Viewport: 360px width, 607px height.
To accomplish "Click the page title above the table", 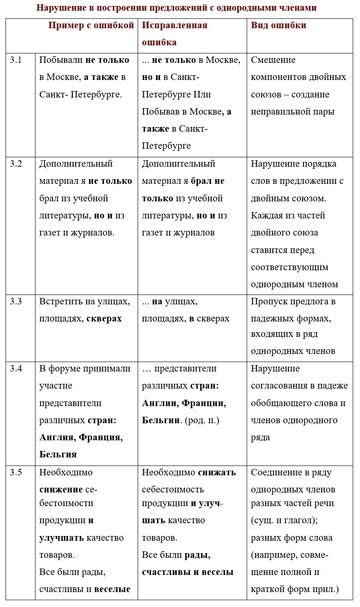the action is click(180, 8).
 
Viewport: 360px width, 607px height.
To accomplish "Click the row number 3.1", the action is click(16, 62).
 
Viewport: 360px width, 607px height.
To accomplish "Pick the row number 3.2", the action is click(16, 162).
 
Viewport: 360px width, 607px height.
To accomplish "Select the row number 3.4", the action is click(16, 369).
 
